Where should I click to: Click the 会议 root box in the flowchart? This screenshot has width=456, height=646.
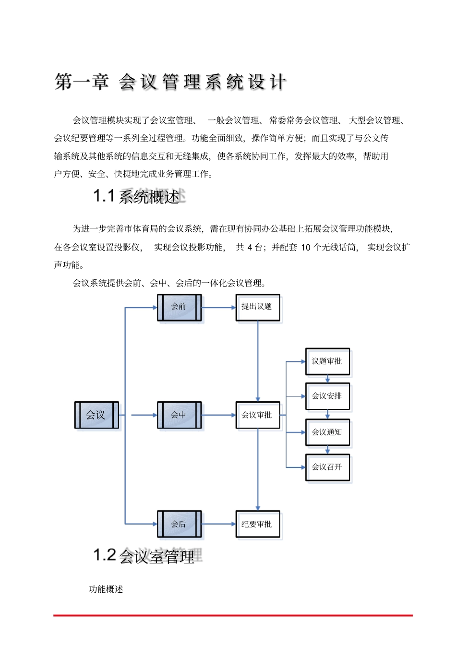point(96,415)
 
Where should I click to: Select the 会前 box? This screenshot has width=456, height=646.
point(179,307)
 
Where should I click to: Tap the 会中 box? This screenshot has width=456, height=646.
point(179,415)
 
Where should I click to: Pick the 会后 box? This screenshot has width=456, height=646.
point(179,524)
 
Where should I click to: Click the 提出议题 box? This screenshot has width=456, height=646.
point(257,307)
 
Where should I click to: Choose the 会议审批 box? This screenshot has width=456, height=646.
point(257,415)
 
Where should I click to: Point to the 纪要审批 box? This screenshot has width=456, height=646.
point(257,524)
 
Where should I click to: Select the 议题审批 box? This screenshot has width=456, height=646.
point(327,361)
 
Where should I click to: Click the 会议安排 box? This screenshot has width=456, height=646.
point(327,396)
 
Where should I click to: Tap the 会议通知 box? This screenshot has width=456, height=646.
point(327,432)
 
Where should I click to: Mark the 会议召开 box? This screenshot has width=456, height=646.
point(327,467)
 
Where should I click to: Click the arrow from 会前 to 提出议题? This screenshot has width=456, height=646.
point(218,308)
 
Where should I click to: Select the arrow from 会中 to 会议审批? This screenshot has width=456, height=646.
point(218,415)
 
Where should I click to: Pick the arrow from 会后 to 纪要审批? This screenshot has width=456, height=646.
point(218,524)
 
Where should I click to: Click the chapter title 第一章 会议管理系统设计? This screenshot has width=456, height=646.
point(170,82)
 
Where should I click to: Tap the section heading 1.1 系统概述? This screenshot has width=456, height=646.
point(136,196)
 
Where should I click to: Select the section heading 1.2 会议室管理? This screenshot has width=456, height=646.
point(144,556)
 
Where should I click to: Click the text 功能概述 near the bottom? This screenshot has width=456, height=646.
point(106,589)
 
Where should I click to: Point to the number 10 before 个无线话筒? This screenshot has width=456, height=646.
point(306,247)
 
